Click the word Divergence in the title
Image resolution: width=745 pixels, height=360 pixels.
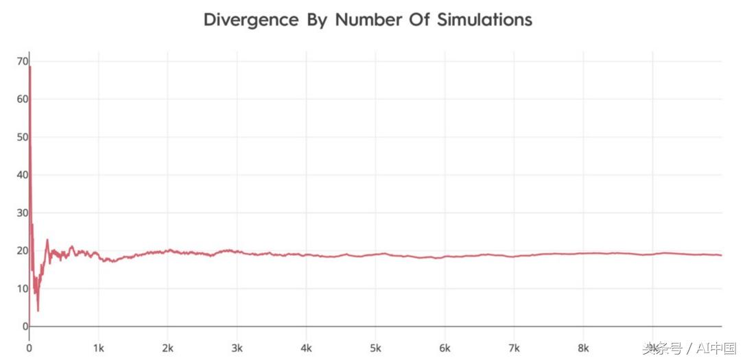tap(251, 20)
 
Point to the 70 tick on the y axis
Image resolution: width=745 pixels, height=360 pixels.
tap(23, 61)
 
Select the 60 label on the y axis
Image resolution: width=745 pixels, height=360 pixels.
tap(23, 99)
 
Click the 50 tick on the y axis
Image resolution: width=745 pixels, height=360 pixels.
tap(23, 137)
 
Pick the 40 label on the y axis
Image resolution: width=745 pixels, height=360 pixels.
tap(23, 175)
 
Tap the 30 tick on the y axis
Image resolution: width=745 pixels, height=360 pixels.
tap(23, 213)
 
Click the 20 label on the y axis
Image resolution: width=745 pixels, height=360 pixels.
tap(23, 250)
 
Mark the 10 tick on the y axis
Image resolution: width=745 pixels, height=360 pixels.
tap(23, 289)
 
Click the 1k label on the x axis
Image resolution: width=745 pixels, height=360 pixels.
tap(98, 347)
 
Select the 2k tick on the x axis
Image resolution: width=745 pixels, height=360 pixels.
tap(168, 347)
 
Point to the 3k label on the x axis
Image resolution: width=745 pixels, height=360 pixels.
tap(237, 347)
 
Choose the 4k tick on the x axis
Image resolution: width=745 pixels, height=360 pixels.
tap(307, 347)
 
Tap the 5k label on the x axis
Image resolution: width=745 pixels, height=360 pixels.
tap(376, 347)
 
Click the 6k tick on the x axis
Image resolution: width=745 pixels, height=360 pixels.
tap(445, 347)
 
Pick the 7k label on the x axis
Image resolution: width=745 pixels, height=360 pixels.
tap(515, 347)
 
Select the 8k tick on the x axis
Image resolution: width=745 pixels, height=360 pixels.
tap(584, 347)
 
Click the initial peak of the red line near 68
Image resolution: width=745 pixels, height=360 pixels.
tap(30, 67)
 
